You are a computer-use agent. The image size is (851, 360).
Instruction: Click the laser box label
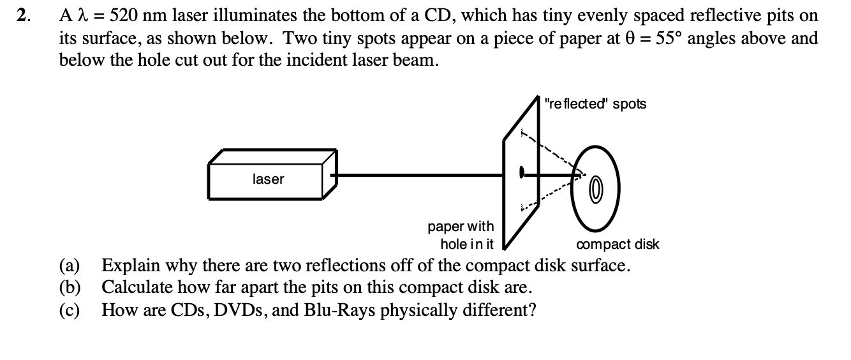268,179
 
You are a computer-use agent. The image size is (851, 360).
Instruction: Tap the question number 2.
23,16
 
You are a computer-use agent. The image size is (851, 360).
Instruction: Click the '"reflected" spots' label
595,104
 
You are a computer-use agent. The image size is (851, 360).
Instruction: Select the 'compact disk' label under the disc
617,244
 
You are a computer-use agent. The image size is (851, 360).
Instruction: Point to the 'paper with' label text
461,227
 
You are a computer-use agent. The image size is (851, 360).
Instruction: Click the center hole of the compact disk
595,190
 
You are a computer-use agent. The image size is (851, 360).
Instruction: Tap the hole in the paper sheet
522,172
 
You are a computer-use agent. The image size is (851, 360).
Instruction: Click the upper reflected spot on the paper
523,134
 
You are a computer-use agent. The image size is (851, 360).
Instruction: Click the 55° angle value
664,38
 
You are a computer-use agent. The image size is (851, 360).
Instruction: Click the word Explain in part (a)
128,266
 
